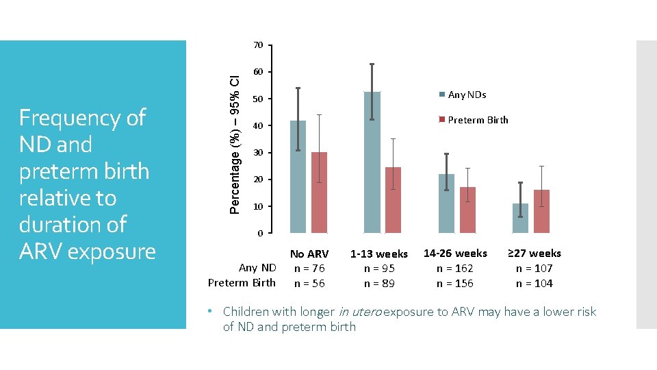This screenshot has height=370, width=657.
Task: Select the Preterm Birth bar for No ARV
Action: [319, 193]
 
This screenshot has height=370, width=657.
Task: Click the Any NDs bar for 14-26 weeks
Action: [446, 203]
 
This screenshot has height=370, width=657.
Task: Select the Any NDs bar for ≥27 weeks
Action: [520, 218]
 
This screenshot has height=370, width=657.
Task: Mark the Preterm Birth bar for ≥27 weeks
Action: [541, 212]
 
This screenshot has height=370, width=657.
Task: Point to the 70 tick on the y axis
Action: [258, 45]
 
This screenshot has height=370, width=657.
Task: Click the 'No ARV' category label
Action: [309, 254]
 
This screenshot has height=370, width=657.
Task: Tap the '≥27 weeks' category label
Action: [534, 254]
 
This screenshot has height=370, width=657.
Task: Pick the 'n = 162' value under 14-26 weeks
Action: [455, 269]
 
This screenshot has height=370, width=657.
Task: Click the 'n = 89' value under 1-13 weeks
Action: [378, 284]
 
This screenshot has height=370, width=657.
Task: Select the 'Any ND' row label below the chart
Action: [257, 267]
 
